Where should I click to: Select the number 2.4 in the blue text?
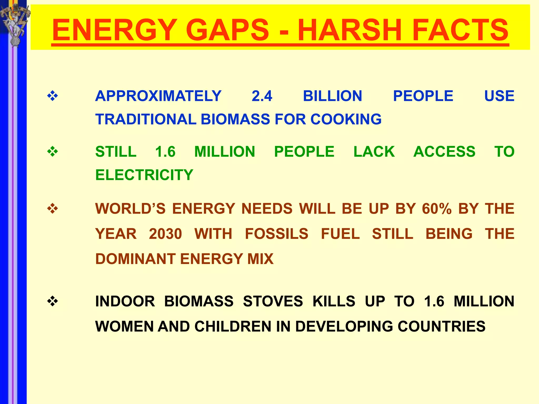point(262,96)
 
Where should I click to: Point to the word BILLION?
point(332,96)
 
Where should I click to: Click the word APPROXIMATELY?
point(158,96)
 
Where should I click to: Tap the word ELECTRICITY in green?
point(144,175)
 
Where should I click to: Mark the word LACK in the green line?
point(374,152)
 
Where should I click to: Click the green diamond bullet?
point(53,152)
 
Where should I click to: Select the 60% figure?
point(437,209)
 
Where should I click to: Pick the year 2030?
point(165,234)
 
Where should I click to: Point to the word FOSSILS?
point(276,234)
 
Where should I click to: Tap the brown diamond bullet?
point(53,209)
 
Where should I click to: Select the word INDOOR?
point(125,301)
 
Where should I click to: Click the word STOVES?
point(273,301)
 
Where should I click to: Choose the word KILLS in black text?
point(334,301)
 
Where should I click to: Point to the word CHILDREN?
point(233,326)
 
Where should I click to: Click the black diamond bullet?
point(53,301)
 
